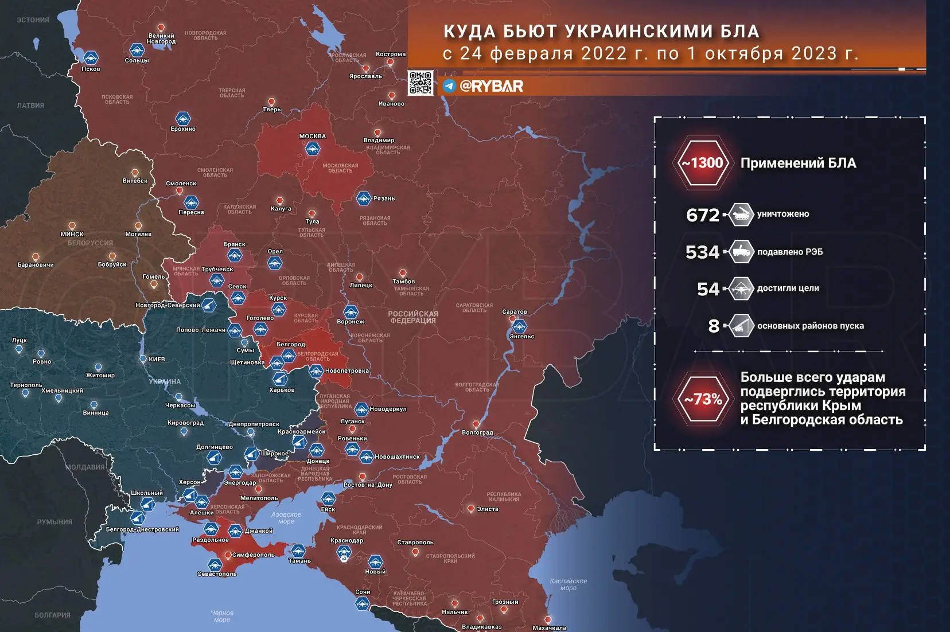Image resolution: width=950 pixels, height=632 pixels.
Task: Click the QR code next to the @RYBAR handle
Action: click(x=421, y=83)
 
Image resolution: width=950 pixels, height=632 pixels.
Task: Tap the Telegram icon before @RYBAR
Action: click(x=449, y=86)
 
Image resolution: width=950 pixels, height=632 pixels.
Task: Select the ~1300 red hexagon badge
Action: click(x=703, y=163)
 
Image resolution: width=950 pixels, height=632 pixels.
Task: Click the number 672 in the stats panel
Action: click(x=703, y=215)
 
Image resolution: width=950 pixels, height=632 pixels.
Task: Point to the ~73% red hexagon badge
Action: click(x=703, y=399)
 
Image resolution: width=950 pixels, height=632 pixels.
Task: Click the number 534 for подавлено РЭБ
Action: click(x=702, y=252)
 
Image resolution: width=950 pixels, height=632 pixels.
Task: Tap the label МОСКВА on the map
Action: click(x=313, y=136)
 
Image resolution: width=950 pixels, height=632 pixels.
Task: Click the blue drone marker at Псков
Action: click(x=91, y=57)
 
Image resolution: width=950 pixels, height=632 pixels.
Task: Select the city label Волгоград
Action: click(x=477, y=432)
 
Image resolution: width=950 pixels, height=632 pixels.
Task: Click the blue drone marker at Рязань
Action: click(x=363, y=198)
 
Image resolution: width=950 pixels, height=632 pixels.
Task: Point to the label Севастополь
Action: click(x=217, y=574)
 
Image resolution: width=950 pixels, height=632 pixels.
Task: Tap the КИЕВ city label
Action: click(x=157, y=360)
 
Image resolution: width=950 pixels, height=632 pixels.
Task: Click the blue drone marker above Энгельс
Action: click(x=519, y=326)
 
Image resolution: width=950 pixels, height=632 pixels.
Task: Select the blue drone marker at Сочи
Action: click(x=362, y=603)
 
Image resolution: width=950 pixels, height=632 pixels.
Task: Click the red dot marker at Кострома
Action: click(x=391, y=62)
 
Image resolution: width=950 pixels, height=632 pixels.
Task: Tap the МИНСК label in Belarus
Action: click(x=72, y=234)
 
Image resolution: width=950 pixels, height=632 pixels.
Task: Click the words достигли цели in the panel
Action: click(x=788, y=288)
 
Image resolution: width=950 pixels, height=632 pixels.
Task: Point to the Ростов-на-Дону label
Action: click(x=368, y=485)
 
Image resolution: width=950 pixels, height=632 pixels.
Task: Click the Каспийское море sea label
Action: click(x=568, y=584)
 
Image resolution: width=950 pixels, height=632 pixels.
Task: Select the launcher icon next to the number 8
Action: click(x=741, y=326)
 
